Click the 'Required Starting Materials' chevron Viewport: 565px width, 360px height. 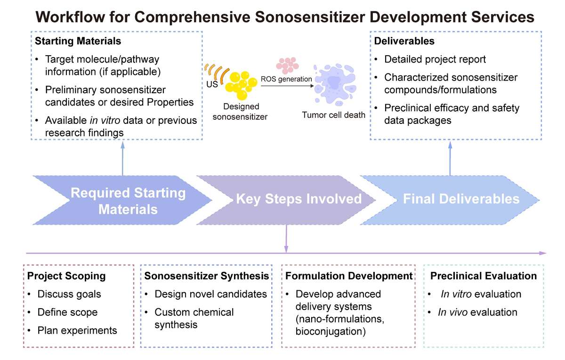coord(122,200)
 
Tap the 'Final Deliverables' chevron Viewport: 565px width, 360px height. coord(452,199)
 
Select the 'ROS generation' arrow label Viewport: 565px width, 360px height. coord(286,79)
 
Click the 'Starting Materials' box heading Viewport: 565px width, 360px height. coord(78,41)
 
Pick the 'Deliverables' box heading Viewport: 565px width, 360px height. coord(404,41)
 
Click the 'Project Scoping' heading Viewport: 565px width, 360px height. coord(66,276)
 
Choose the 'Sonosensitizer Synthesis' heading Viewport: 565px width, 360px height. coord(207,276)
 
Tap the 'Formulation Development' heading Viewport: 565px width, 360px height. coord(349,276)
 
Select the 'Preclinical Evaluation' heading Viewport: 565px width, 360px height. coord(483,276)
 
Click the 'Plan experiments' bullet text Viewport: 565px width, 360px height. coord(77,330)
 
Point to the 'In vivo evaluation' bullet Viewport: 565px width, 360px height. coord(477,312)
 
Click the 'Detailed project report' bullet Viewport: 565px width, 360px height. coord(435,59)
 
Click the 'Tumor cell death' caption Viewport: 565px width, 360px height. coord(333,115)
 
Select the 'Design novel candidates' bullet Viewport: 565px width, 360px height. coord(210,294)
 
